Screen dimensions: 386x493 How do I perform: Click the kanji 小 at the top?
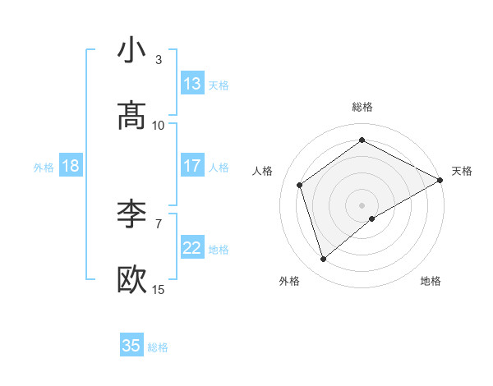click(x=132, y=50)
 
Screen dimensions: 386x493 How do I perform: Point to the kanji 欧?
click(x=132, y=280)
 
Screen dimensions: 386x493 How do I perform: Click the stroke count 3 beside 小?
click(x=159, y=60)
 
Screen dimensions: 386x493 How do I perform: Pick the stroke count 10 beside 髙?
click(x=159, y=126)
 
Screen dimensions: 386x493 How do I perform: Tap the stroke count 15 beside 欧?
click(x=159, y=290)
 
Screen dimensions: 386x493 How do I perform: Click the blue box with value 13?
click(x=192, y=85)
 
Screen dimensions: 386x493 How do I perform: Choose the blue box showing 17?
click(x=192, y=166)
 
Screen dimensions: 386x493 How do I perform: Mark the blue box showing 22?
click(x=192, y=248)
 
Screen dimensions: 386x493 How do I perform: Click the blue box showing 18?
click(x=71, y=167)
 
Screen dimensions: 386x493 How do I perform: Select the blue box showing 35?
click(x=131, y=346)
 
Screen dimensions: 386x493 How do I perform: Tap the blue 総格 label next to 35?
click(x=159, y=347)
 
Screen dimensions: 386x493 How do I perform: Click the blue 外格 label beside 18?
click(x=44, y=168)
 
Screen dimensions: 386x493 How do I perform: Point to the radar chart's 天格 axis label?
click(x=462, y=171)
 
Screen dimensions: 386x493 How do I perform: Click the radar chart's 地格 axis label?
click(x=431, y=282)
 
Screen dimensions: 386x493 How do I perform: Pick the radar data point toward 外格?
click(x=323, y=259)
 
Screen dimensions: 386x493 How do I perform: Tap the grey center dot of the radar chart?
click(x=362, y=204)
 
